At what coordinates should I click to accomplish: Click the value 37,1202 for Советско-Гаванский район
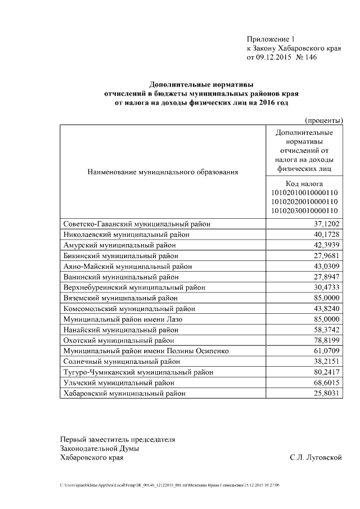pos(322,224)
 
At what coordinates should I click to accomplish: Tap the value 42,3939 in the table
pos(322,245)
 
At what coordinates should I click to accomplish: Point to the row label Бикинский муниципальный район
pos(119,256)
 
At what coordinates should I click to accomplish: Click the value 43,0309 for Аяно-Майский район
pos(322,266)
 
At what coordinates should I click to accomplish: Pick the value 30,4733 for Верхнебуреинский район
pos(322,287)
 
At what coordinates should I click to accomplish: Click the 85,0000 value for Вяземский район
pos(322,298)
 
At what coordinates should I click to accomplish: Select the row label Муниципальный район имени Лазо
pos(123,319)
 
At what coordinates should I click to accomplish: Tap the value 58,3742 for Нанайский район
pos(322,330)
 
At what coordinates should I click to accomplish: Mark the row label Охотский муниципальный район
pos(119,340)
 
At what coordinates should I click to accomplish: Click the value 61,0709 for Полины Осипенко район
pos(322,351)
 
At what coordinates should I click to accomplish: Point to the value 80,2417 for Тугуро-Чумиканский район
pos(322,372)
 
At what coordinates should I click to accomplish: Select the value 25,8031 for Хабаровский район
pos(322,393)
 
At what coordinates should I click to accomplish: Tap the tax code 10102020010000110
pos(304,201)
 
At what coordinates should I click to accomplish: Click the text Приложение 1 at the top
pos(271,39)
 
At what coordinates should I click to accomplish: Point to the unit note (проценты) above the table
pos(323,120)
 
